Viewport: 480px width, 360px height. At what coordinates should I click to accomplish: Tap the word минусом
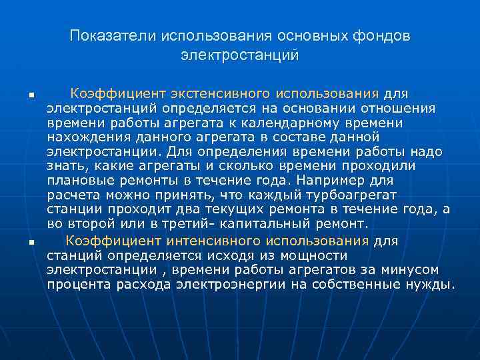pyautogui.click(x=410, y=270)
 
